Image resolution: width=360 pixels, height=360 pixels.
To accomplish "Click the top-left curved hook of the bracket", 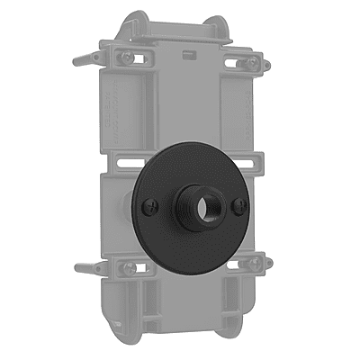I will pos(135,20).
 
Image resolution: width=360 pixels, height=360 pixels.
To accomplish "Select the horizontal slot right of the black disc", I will pos(256,163).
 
